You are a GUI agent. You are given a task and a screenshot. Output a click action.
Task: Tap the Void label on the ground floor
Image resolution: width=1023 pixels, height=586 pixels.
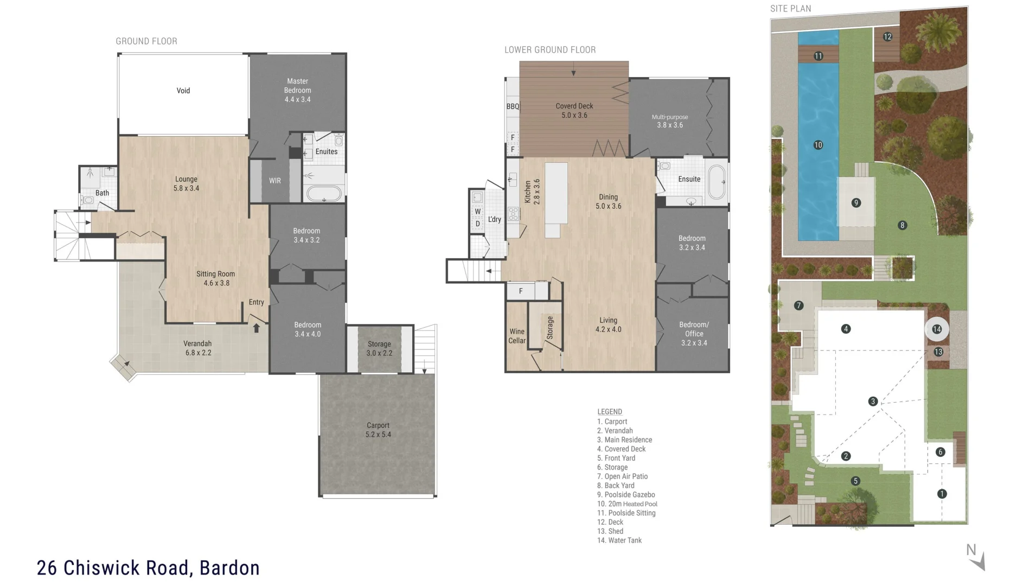click(x=183, y=91)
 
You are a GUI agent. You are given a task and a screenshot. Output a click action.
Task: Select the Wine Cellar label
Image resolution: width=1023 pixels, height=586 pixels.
click(x=517, y=336)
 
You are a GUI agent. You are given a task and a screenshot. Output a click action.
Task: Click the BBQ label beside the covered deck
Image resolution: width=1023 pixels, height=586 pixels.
click(x=513, y=106)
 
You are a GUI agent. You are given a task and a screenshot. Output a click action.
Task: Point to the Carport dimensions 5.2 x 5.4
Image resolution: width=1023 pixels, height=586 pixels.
click(x=378, y=435)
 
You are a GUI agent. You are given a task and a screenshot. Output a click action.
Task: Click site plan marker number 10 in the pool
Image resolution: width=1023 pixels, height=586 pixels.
click(x=818, y=145)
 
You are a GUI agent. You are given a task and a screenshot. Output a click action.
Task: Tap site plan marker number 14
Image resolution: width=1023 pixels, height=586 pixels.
click(x=937, y=329)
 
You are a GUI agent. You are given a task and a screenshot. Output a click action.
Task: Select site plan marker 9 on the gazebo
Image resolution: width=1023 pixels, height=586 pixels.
click(x=856, y=203)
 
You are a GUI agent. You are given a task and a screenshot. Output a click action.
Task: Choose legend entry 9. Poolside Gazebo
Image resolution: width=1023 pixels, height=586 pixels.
click(x=626, y=495)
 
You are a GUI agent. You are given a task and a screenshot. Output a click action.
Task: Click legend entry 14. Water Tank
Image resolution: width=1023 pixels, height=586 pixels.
click(x=619, y=540)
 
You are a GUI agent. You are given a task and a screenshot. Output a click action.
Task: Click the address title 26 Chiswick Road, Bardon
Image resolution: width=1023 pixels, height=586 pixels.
click(x=148, y=568)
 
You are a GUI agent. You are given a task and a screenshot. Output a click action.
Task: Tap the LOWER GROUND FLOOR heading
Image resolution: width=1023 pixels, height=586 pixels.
click(x=550, y=50)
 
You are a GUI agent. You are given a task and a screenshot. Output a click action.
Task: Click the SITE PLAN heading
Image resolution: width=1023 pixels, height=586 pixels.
click(x=791, y=9)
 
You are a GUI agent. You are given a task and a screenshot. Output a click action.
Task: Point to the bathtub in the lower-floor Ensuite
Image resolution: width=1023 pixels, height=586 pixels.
click(x=717, y=182)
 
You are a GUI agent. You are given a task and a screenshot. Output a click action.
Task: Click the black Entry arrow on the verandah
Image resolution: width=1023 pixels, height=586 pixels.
click(x=257, y=328)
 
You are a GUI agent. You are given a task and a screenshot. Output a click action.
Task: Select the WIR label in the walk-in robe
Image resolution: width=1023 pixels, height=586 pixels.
click(x=275, y=181)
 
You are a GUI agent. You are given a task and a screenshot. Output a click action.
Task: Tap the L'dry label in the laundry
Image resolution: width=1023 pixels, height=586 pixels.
click(x=494, y=220)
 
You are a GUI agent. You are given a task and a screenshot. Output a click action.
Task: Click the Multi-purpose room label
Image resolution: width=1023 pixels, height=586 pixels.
click(x=670, y=117)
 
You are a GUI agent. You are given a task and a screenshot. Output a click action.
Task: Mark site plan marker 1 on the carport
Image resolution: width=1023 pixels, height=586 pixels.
click(x=942, y=494)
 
